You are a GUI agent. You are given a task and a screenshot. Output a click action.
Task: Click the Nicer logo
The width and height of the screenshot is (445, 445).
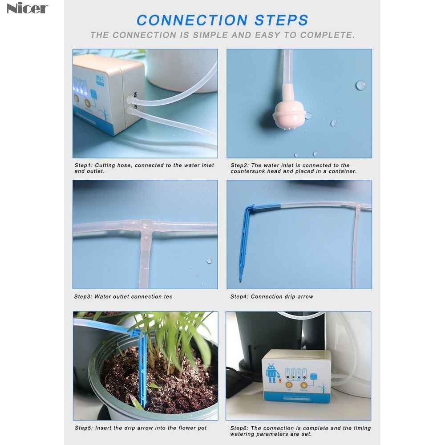[27, 8]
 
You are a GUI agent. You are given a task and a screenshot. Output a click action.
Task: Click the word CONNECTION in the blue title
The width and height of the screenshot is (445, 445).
[192, 20]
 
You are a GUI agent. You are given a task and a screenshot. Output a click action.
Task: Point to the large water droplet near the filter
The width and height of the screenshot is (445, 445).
[361, 85]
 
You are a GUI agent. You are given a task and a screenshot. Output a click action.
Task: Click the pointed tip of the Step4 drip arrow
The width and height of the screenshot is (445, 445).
[240, 280]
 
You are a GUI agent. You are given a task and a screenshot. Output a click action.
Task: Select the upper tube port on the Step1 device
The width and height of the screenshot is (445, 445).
[132, 95]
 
